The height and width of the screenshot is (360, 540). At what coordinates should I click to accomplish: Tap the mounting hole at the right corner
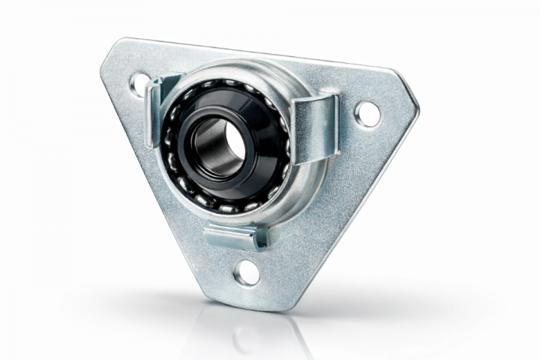click(x=366, y=114)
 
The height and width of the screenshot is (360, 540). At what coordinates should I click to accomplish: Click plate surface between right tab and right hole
click(x=346, y=120)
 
